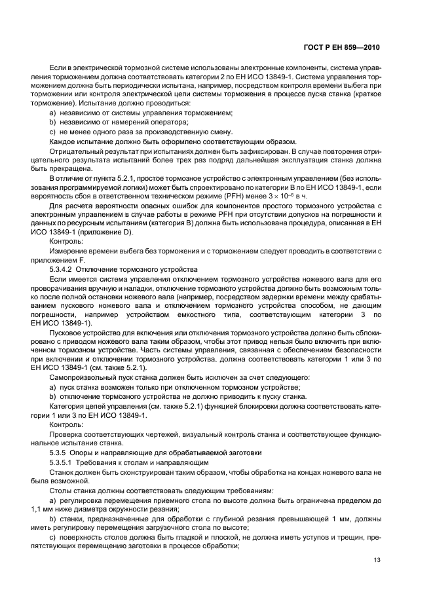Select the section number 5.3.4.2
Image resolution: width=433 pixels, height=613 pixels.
pyautogui.click(x=64, y=269)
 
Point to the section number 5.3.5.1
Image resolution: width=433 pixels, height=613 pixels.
pyautogui.click(x=64, y=462)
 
